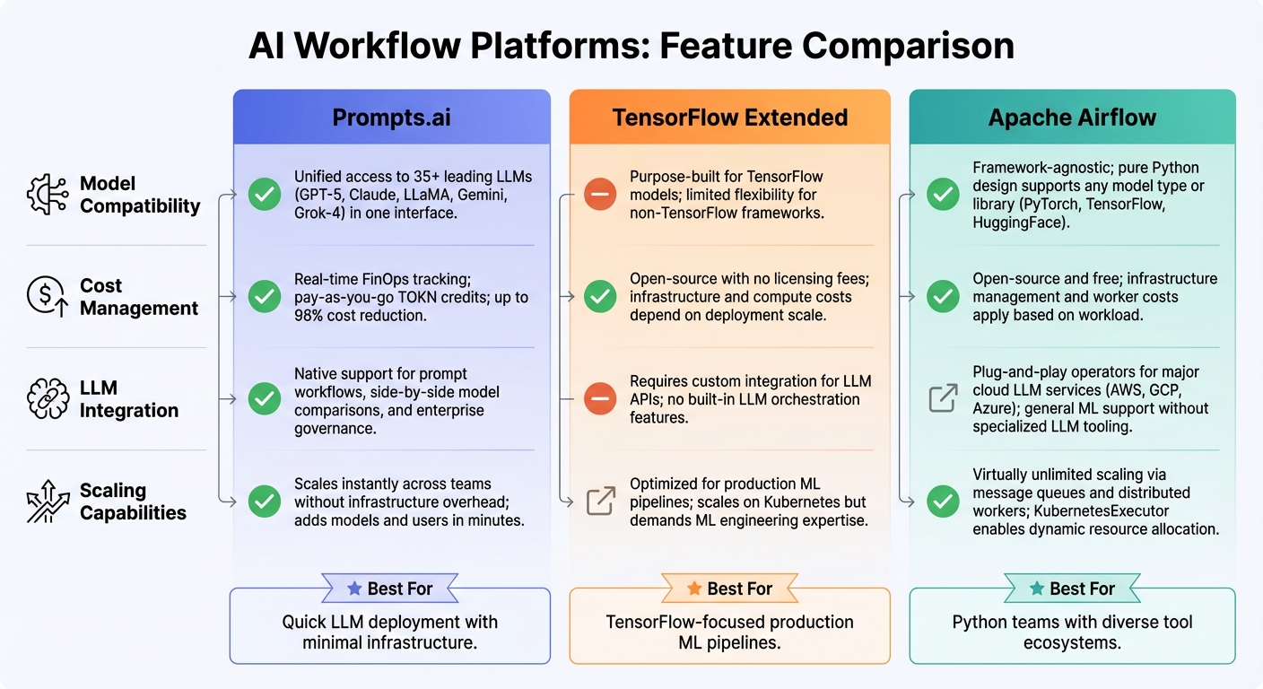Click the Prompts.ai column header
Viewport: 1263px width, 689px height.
[x=391, y=118]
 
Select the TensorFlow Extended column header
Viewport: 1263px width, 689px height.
[x=729, y=118]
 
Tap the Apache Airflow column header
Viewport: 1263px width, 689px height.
[x=1072, y=118]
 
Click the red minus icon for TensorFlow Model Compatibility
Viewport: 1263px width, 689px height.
[x=600, y=195]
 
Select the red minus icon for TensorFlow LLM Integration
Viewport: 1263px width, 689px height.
[x=600, y=399]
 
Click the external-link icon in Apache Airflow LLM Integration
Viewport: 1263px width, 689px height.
[x=943, y=398]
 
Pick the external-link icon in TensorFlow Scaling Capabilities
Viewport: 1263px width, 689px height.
[x=600, y=501]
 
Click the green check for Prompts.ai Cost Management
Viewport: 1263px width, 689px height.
[x=264, y=297]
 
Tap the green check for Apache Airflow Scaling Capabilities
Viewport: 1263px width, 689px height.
[x=943, y=501]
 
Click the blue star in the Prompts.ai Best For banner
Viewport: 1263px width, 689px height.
[x=354, y=589]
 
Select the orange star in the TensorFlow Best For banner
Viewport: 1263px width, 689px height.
[x=693, y=589]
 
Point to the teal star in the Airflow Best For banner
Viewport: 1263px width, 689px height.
[x=1037, y=589]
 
